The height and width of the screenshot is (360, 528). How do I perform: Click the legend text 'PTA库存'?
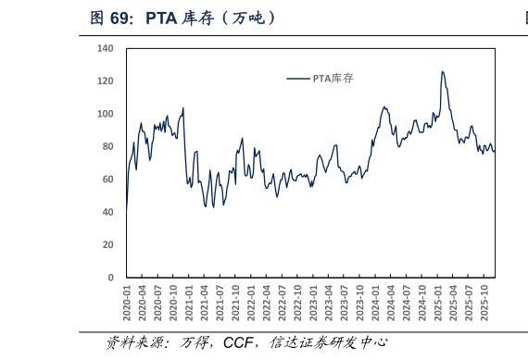click(333, 79)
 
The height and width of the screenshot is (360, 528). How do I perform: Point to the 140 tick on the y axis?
click(106, 48)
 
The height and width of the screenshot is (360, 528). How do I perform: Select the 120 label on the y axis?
click(106, 81)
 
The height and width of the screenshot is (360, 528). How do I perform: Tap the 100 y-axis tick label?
click(106, 114)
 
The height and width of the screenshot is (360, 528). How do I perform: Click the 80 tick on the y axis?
click(108, 147)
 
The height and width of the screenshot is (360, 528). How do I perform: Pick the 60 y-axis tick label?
click(108, 180)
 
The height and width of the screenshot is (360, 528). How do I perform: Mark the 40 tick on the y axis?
click(108, 212)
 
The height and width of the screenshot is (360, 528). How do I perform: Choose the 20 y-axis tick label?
click(108, 245)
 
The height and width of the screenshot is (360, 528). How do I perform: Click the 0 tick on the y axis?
click(111, 278)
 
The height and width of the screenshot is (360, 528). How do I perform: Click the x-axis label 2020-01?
click(127, 302)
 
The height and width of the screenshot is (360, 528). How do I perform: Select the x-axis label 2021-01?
click(189, 302)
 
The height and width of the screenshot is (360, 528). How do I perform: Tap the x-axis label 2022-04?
click(267, 302)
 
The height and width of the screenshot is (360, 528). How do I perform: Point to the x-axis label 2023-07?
click(345, 302)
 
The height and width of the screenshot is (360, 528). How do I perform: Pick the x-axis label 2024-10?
click(422, 302)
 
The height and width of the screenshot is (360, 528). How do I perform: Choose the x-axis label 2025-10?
click(484, 302)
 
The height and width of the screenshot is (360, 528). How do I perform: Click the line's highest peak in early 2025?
click(442, 71)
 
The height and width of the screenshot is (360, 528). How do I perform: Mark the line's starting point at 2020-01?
click(126, 212)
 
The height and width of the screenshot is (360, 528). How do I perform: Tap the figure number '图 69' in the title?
click(109, 18)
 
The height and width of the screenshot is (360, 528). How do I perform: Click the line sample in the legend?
click(298, 79)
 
